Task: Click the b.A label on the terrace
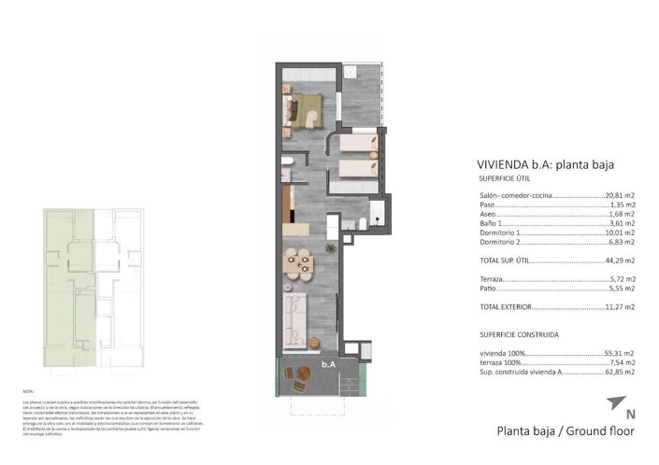pyautogui.click(x=328, y=365)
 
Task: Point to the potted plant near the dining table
pyautogui.click(x=330, y=249)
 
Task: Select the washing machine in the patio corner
pyautogui.click(x=351, y=72)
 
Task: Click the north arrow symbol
pyautogui.click(x=613, y=404)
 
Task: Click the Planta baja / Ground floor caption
pyautogui.click(x=566, y=432)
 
